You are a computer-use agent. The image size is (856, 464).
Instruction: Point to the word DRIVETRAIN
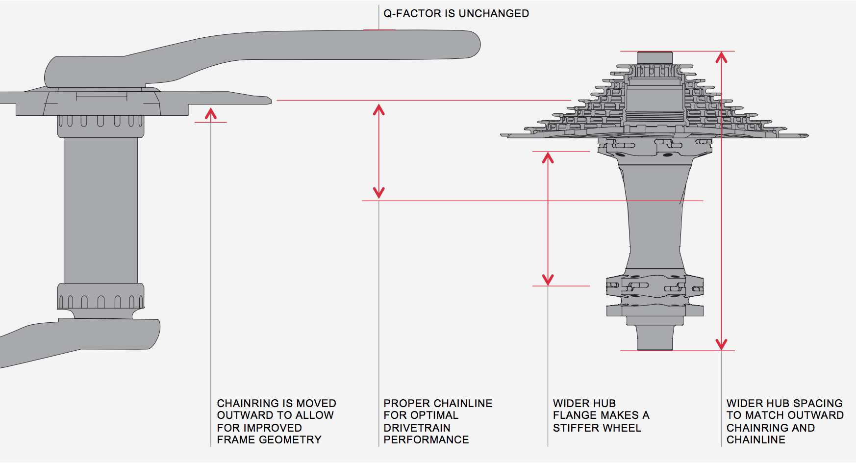tap(417, 428)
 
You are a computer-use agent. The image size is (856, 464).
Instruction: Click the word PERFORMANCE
tap(426, 440)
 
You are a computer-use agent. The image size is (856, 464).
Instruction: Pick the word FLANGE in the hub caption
tap(571, 415)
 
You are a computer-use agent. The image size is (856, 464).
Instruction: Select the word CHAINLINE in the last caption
tap(755, 440)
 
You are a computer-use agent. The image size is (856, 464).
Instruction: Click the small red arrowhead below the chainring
tap(211, 114)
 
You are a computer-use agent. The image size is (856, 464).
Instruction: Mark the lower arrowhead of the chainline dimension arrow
tap(378, 192)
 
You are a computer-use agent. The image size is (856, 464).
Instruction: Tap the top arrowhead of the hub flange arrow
tap(548, 158)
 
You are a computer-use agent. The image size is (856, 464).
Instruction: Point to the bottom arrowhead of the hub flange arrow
tap(548, 280)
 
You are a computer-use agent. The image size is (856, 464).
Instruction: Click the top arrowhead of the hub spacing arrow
tap(721, 57)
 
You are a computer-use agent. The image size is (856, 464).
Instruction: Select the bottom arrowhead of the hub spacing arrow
tap(721, 344)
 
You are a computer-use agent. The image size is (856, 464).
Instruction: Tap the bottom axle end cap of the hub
tap(655, 338)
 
